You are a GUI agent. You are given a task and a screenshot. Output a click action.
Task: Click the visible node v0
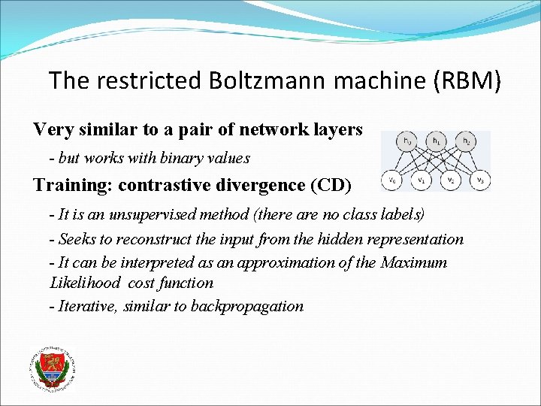click(391, 180)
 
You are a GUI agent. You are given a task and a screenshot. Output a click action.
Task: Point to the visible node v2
click(450, 180)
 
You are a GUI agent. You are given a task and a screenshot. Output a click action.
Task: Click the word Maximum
click(414, 262)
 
